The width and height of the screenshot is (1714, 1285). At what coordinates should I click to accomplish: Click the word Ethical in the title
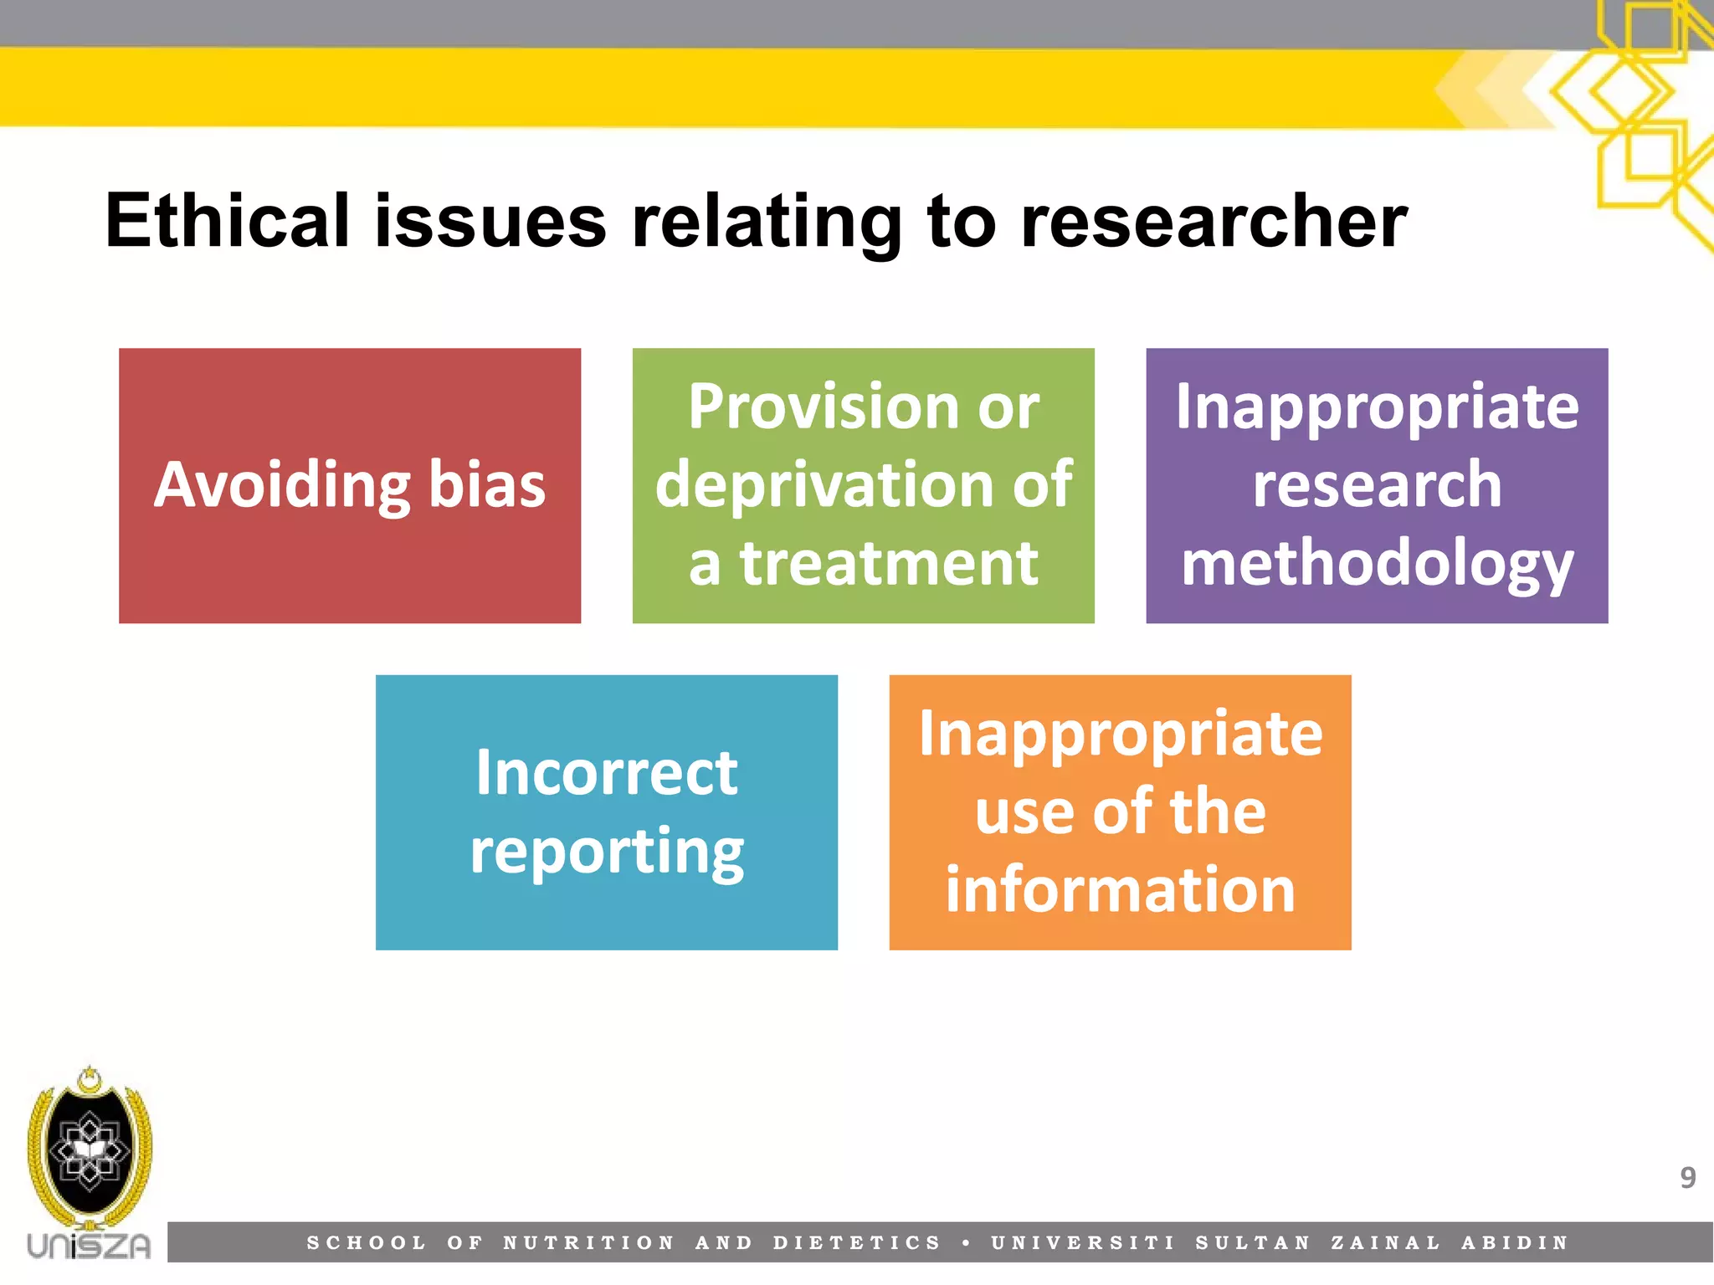point(226,221)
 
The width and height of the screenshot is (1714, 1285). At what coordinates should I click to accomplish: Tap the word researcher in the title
point(1214,223)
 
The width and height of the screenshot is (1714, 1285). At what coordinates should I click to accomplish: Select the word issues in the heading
point(490,223)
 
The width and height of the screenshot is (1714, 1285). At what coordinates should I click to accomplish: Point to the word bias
point(486,485)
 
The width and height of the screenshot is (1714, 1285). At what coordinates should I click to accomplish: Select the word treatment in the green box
point(889,564)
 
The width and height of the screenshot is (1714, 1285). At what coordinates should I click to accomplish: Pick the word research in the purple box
point(1377,485)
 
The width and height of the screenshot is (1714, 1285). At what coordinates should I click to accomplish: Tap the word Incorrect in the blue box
point(606,773)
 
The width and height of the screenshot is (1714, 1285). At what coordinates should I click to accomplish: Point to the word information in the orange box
point(1120,890)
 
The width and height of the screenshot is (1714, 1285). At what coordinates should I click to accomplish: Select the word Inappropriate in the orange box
point(1120,735)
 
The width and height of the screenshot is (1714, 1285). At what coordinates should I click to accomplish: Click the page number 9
point(1687,1178)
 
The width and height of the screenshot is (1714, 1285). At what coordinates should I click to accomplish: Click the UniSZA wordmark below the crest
point(89,1246)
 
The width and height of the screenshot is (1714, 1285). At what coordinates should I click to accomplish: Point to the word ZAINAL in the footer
point(1385,1243)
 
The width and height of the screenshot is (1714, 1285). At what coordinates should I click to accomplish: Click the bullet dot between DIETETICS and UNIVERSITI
point(966,1244)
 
